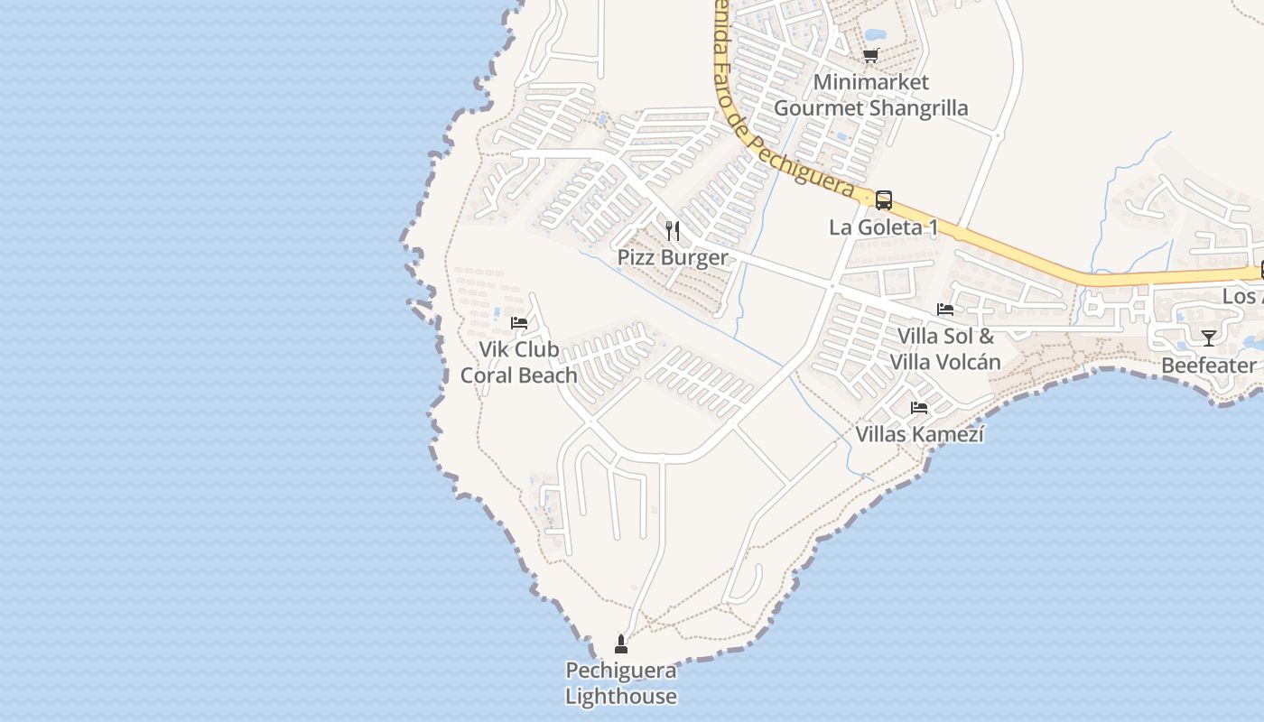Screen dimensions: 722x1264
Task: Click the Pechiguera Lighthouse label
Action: point(621,683)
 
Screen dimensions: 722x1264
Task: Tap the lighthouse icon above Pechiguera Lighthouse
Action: point(621,643)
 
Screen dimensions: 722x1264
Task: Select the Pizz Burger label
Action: point(673,257)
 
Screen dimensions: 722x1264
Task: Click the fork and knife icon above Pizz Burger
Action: point(673,231)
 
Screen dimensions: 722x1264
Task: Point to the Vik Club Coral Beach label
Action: point(519,362)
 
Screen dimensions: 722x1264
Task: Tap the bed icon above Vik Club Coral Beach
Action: point(519,322)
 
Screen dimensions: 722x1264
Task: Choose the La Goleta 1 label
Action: point(883,227)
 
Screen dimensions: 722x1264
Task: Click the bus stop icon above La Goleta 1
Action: point(884,200)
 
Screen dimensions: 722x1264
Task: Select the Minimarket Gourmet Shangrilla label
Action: point(871,95)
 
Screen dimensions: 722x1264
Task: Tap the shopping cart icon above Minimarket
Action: point(871,56)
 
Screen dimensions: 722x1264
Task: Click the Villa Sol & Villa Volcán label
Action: point(945,349)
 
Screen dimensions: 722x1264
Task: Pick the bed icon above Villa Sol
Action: point(945,309)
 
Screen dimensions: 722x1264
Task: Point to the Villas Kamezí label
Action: point(920,434)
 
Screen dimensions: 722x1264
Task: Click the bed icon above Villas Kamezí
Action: point(919,408)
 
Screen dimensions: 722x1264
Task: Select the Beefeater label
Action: point(1209,366)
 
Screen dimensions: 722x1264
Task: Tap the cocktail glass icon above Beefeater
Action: point(1209,338)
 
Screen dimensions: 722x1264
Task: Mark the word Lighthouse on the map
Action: point(621,696)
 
